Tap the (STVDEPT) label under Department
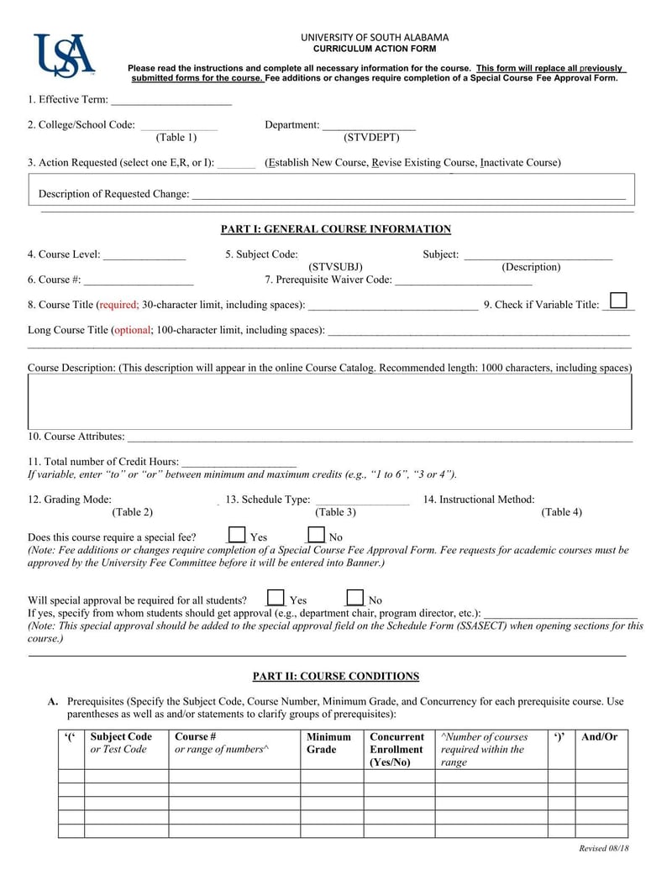(x=371, y=137)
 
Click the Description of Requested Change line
(x=408, y=195)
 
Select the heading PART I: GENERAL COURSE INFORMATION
(x=335, y=229)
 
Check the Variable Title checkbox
(x=618, y=301)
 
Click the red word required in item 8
(x=118, y=305)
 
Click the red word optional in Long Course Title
(x=132, y=330)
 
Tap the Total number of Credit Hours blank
(x=239, y=462)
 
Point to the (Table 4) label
(x=561, y=512)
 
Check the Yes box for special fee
(x=237, y=535)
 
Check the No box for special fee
(x=316, y=535)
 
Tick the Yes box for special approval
(x=276, y=599)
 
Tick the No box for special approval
(x=355, y=599)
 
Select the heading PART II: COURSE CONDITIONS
(x=335, y=676)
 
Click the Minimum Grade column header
(x=328, y=743)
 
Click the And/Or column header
(x=599, y=737)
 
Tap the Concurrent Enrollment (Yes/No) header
(x=396, y=749)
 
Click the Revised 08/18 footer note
(x=604, y=848)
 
